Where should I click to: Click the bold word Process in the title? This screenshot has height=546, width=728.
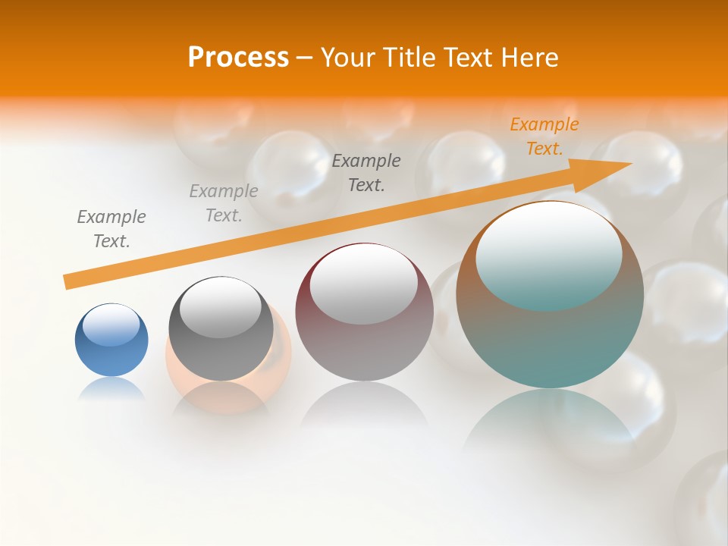pos(238,58)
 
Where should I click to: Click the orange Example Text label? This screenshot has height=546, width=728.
pos(544,136)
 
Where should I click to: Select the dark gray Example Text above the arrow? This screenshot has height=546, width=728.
pos(366,172)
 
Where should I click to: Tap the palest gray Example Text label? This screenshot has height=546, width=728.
pos(224,202)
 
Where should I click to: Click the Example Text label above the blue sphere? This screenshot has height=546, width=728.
pos(111,228)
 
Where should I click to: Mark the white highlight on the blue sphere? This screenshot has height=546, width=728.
pos(111,325)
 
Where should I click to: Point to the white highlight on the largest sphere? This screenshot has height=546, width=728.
pos(549,254)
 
